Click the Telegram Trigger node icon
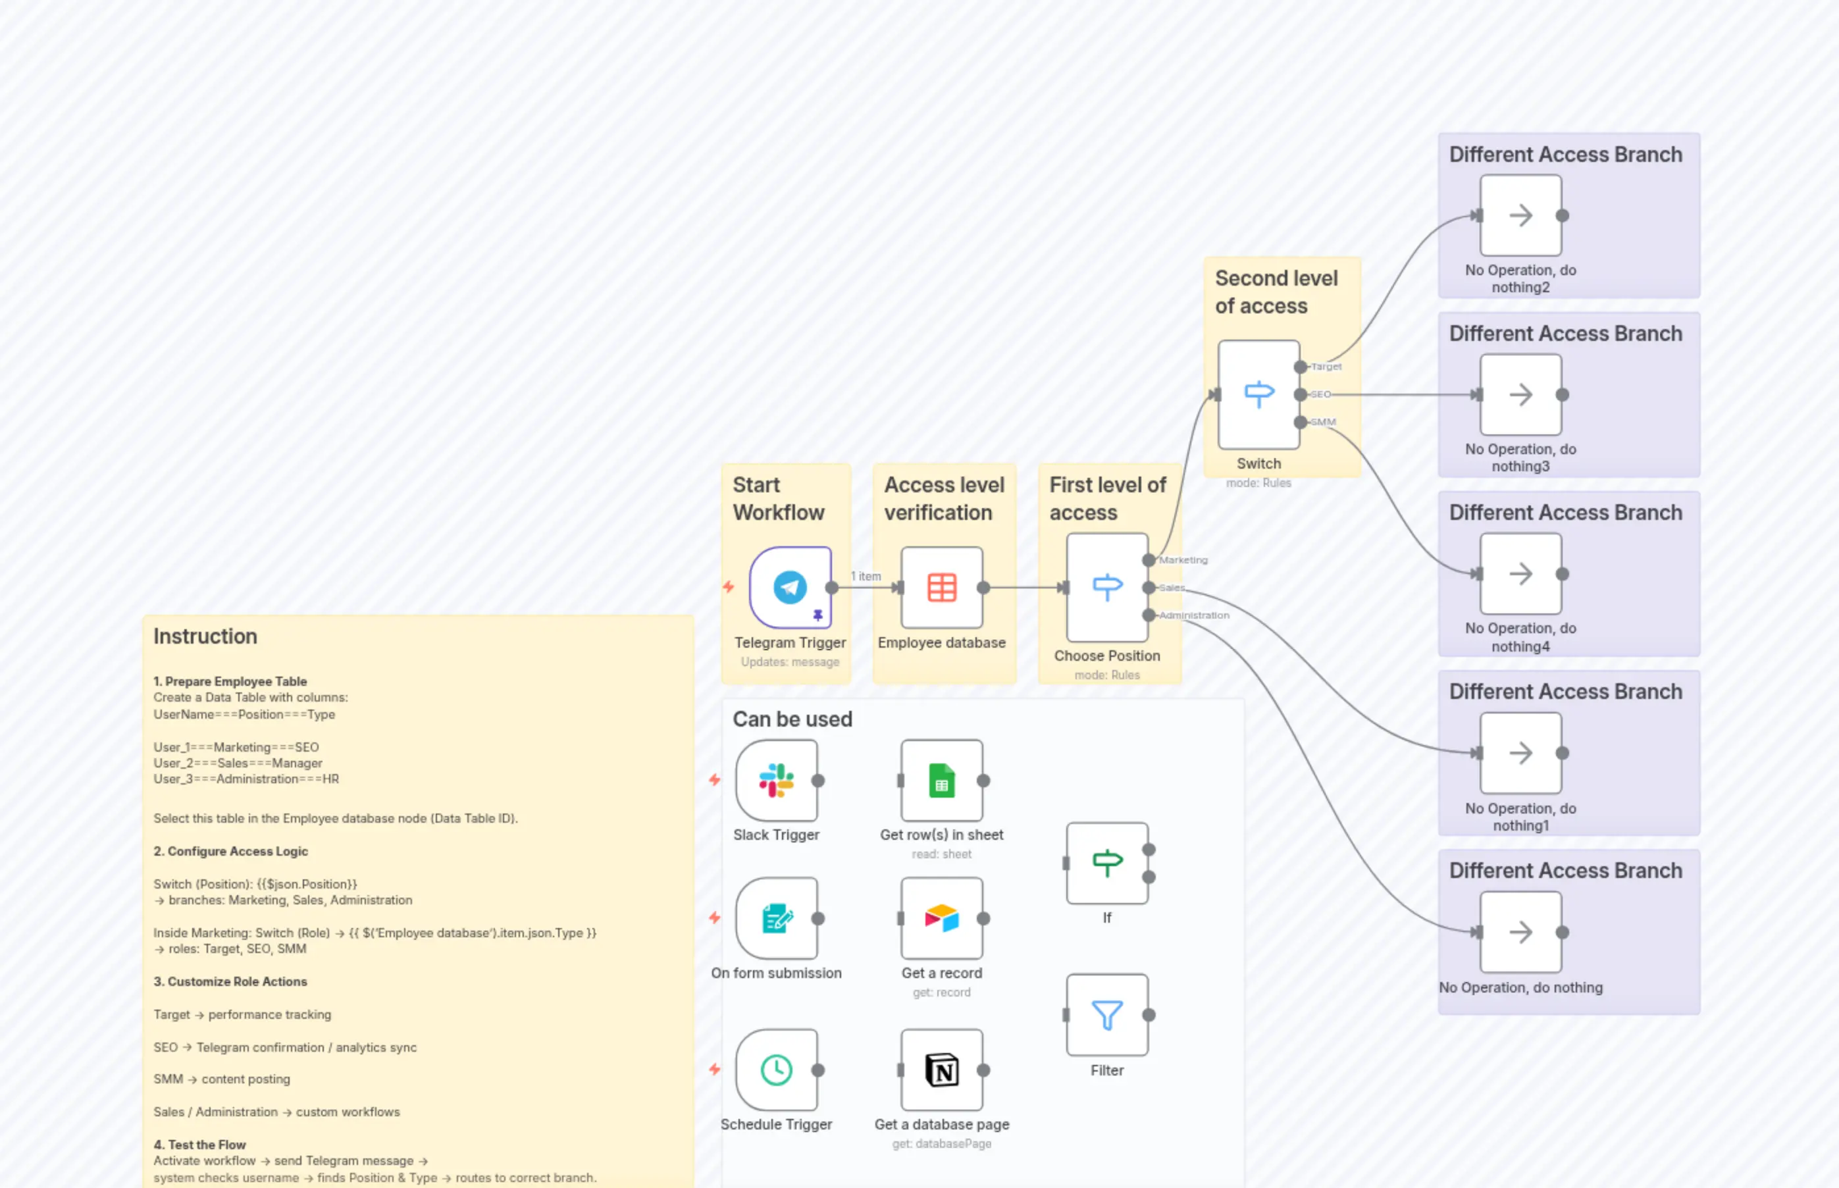790,588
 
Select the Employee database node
941,588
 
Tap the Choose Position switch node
1107,588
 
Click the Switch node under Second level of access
1258,395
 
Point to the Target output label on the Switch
1326,367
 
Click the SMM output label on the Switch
1323,423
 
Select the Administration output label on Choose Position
1193,615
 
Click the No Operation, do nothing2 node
1520,216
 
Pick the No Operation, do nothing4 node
1520,574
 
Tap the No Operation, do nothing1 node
1520,754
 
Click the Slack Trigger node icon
776,781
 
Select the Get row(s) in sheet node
941,781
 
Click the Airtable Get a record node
941,919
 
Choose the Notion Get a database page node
941,1070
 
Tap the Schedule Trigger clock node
776,1070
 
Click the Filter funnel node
1107,1015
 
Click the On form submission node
776,919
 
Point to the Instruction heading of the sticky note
205,636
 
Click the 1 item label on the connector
866,577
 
